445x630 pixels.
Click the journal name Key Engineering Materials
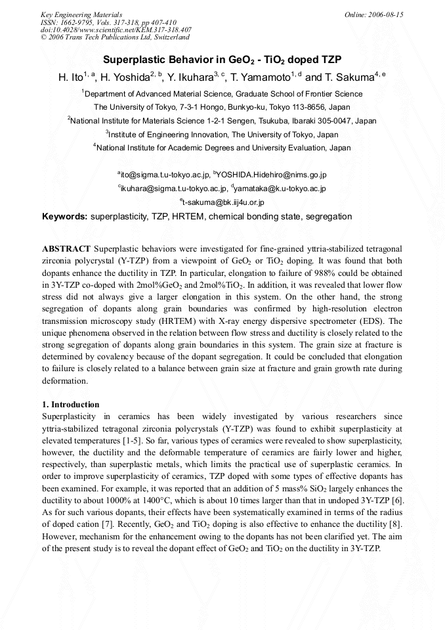tap(81, 14)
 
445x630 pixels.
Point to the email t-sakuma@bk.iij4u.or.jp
tap(223, 202)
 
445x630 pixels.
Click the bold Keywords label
tap(64, 217)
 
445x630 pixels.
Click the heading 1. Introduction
tap(71, 405)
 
